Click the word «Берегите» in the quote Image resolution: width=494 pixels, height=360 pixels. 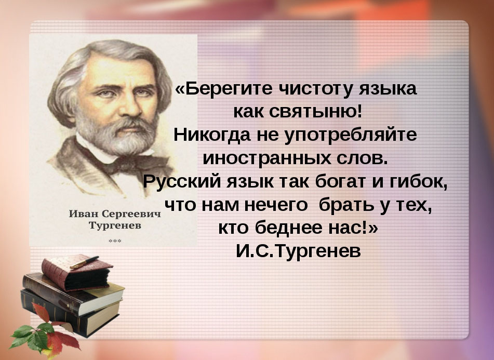coord(218,89)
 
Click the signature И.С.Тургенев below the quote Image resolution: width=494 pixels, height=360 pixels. coord(298,251)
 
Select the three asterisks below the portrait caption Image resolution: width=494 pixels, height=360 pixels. coord(114,241)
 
